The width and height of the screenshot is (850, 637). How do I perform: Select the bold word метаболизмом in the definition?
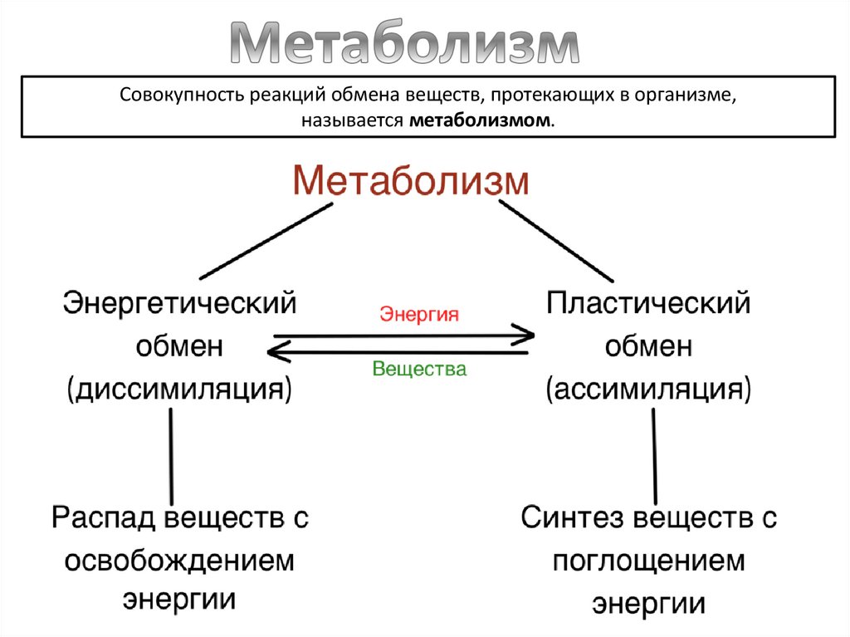[481, 121]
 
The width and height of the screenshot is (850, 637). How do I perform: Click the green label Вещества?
[419, 369]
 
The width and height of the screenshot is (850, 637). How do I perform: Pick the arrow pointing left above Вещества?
[398, 353]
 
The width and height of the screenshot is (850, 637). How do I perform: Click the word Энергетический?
[180, 302]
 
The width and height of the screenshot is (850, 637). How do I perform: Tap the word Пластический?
[647, 302]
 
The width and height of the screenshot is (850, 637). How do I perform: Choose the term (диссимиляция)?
[180, 389]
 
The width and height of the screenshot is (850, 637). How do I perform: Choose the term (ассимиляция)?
[648, 389]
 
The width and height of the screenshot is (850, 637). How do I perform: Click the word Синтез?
[572, 518]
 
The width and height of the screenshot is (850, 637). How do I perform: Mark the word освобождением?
[180, 561]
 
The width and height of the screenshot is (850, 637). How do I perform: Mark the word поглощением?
[648, 561]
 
